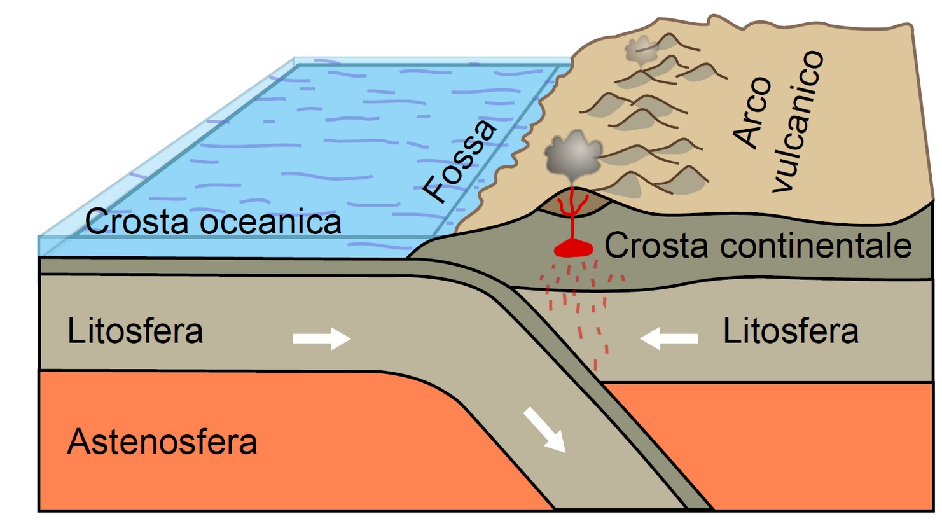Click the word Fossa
tap(460, 162)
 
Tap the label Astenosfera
tap(162, 441)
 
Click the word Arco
tap(752, 113)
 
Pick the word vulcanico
tap(799, 121)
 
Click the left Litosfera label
tap(135, 331)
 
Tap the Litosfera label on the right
tap(791, 331)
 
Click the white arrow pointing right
tap(321, 338)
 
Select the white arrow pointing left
tap(668, 338)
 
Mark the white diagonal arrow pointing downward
tap(544, 431)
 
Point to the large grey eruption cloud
tap(572, 155)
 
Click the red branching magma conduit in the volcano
tap(572, 210)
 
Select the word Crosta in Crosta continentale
tap(643, 246)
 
